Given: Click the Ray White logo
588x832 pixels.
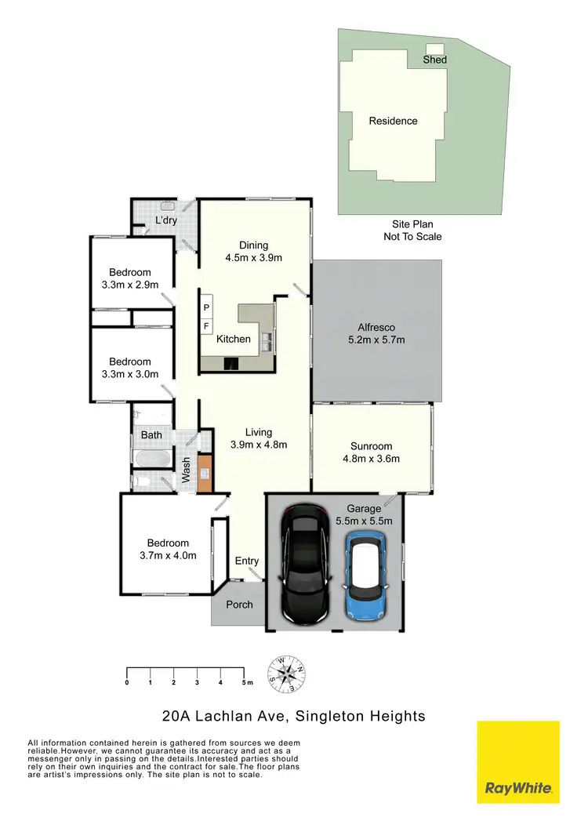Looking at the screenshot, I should [x=518, y=762].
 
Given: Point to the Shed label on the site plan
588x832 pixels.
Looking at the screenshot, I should [x=434, y=60].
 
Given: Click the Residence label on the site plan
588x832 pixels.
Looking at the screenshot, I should [x=393, y=121].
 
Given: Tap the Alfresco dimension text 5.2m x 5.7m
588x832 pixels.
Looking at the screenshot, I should [x=376, y=340].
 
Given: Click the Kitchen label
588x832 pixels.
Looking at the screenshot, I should [x=234, y=339].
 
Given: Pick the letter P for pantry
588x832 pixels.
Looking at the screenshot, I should [x=207, y=307].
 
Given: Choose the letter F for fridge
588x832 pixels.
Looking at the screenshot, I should [x=207, y=325].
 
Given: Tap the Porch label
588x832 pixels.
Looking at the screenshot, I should [x=239, y=605].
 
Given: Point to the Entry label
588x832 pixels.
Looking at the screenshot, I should [x=247, y=561].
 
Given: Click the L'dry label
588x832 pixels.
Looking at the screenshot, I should [x=165, y=220].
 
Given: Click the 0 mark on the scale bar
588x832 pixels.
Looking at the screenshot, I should [x=127, y=683].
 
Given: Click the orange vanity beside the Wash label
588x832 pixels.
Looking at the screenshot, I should [x=205, y=473].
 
